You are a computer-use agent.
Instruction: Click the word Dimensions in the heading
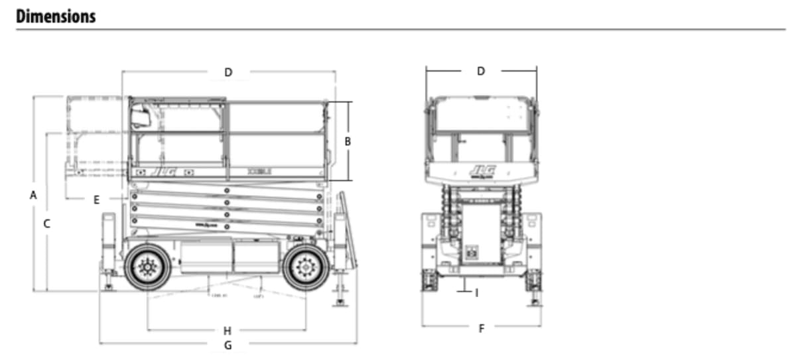(x=56, y=16)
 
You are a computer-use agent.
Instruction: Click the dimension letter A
(x=33, y=195)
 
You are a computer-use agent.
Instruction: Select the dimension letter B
(x=348, y=141)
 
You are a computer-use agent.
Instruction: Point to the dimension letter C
(x=46, y=224)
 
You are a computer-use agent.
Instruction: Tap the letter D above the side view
(x=228, y=72)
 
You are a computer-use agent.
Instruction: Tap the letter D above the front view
(x=481, y=71)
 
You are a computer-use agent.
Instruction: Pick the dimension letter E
(x=96, y=200)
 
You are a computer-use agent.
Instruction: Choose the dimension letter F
(x=482, y=329)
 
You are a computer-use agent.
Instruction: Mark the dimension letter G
(x=228, y=345)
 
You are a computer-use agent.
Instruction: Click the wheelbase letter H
(x=227, y=330)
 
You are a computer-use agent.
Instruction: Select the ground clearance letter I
(x=476, y=292)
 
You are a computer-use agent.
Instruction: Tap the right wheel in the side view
(x=306, y=267)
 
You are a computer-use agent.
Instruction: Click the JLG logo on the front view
(x=482, y=170)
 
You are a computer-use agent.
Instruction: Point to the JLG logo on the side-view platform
(x=161, y=171)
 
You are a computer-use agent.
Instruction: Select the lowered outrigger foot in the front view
(x=535, y=302)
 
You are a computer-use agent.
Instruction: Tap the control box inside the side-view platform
(x=140, y=117)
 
